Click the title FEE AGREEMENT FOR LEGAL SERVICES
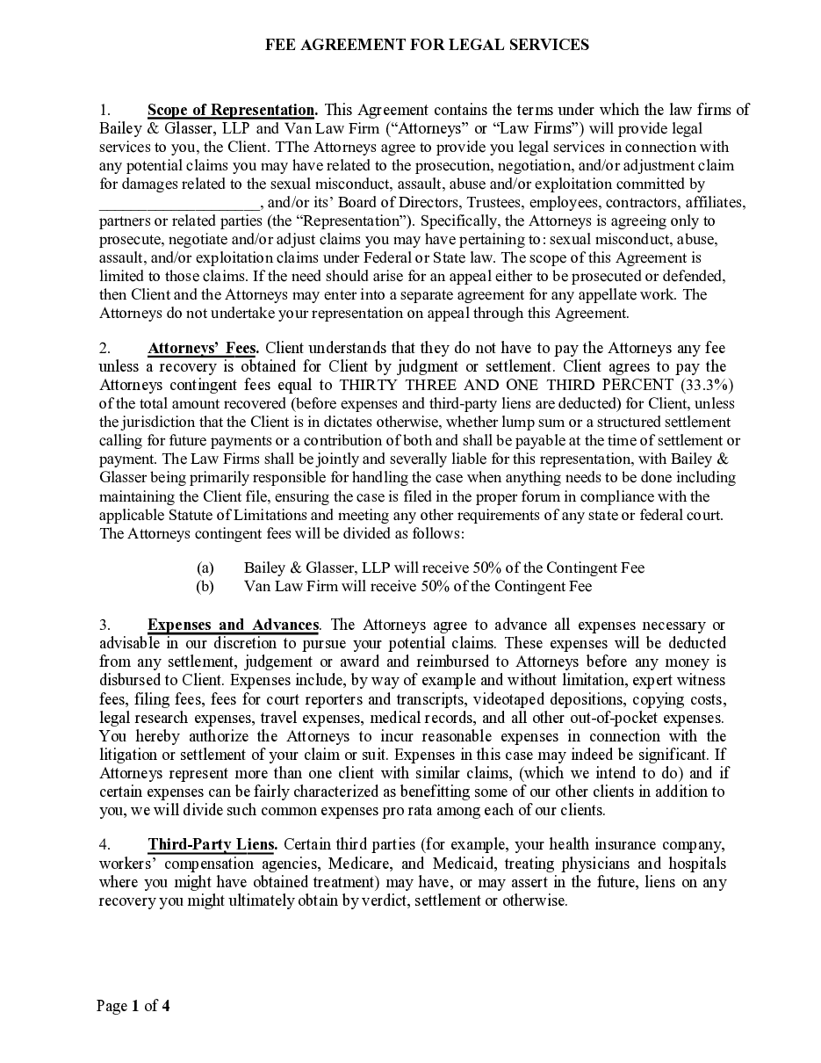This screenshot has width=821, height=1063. tap(427, 45)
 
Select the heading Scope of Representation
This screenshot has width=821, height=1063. tap(232, 110)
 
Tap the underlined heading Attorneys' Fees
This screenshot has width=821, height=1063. tap(203, 348)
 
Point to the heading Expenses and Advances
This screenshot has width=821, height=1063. tap(233, 625)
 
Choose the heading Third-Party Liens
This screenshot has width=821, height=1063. tap(212, 844)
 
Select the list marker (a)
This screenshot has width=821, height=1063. tap(205, 568)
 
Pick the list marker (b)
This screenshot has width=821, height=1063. tap(205, 586)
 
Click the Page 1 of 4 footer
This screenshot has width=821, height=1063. tap(133, 1006)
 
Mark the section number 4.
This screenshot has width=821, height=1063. tap(104, 844)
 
